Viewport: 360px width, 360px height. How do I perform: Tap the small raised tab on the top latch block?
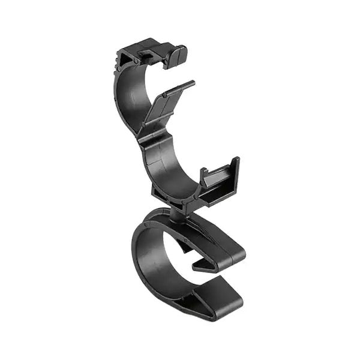click(x=146, y=55)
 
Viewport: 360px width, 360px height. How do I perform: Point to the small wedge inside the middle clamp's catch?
click(x=204, y=177)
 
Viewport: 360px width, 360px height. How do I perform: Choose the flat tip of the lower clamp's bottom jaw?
click(x=222, y=304)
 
